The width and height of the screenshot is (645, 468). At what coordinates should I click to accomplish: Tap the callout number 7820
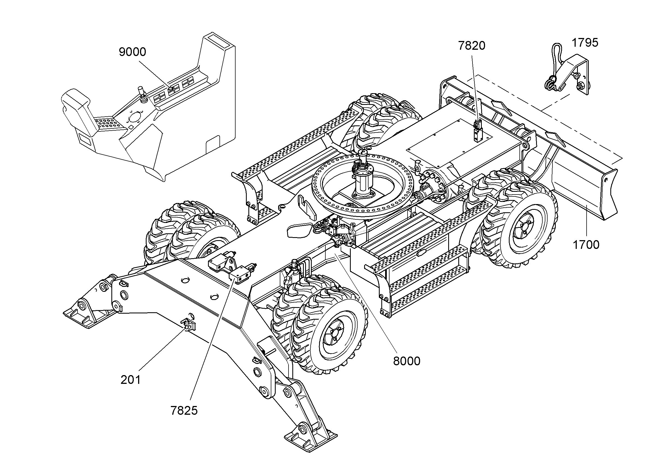(x=471, y=46)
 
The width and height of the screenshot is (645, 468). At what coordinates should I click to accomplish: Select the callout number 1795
(x=585, y=43)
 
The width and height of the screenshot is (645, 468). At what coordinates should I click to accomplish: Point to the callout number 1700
(x=586, y=245)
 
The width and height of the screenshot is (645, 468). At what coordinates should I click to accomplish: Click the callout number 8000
(x=407, y=361)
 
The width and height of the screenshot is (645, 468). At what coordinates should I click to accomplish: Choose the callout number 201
(x=130, y=380)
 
